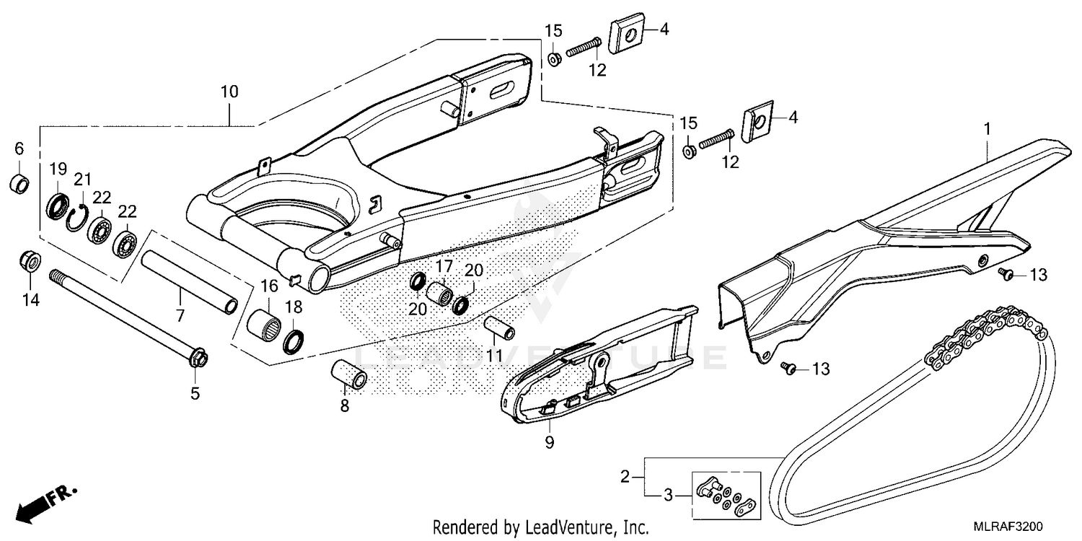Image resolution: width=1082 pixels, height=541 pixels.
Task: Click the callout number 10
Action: pyautogui.click(x=229, y=92)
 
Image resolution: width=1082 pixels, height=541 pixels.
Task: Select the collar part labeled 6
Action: pyautogui.click(x=19, y=183)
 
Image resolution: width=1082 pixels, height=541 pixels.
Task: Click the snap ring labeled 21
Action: pyautogui.click(x=77, y=216)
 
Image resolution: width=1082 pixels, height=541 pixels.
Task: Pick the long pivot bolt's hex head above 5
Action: pyautogui.click(x=197, y=357)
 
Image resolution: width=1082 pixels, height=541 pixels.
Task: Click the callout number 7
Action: pyautogui.click(x=180, y=315)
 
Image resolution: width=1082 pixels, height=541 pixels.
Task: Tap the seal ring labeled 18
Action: pyautogui.click(x=294, y=340)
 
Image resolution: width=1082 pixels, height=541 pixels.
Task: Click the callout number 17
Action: pyautogui.click(x=443, y=266)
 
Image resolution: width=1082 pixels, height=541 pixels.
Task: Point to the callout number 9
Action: pyautogui.click(x=549, y=442)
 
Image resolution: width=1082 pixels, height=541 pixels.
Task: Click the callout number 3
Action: pyautogui.click(x=668, y=495)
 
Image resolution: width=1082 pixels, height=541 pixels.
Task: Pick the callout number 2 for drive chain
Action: pyautogui.click(x=626, y=476)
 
